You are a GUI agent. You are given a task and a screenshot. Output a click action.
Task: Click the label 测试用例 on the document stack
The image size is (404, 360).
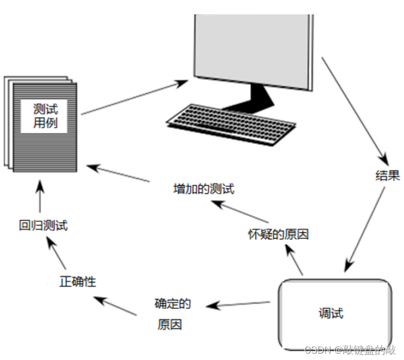click(x=45, y=118)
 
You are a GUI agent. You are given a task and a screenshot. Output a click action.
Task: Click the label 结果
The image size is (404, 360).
click(x=387, y=175)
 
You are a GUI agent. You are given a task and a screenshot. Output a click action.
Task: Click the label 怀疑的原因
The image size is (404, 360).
click(x=278, y=234)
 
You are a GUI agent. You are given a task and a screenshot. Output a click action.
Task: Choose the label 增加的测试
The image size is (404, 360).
click(x=203, y=189)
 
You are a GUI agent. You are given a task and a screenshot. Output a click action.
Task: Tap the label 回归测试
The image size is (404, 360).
click(x=44, y=225)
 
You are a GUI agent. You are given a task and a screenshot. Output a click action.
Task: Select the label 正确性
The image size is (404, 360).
click(x=78, y=281)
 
